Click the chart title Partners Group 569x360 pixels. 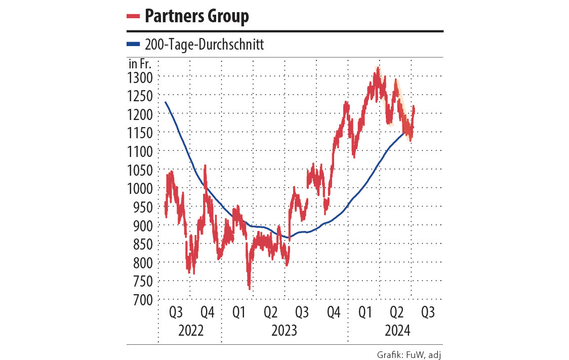click(196, 16)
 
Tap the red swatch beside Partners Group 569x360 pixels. click(133, 16)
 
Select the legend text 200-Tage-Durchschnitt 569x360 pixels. click(204, 45)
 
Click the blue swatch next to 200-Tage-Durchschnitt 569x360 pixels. click(133, 45)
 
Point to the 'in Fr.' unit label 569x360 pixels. click(141, 64)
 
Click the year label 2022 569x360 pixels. click(190, 331)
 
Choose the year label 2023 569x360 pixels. click(284, 331)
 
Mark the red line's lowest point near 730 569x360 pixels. click(250, 289)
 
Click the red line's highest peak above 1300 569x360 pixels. click(377, 67)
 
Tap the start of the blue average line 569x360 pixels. click(166, 102)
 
